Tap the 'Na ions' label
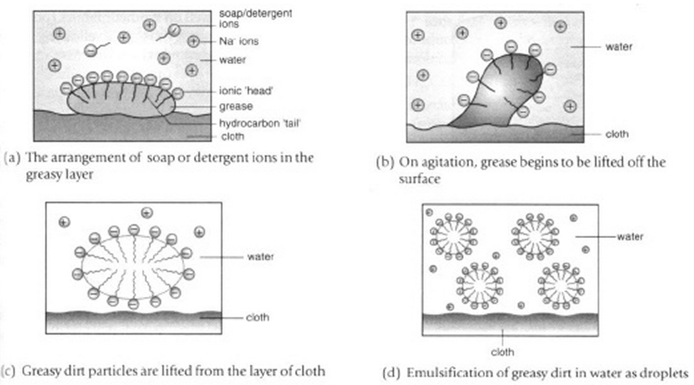click(x=239, y=42)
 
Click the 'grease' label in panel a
click(x=235, y=106)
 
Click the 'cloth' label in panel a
click(x=232, y=136)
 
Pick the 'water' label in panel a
click(x=232, y=60)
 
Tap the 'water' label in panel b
click(x=618, y=46)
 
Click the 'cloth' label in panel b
click(x=616, y=134)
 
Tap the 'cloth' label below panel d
click(x=503, y=352)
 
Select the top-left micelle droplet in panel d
click(x=453, y=237)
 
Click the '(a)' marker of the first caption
click(x=11, y=158)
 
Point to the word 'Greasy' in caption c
click(x=37, y=371)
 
